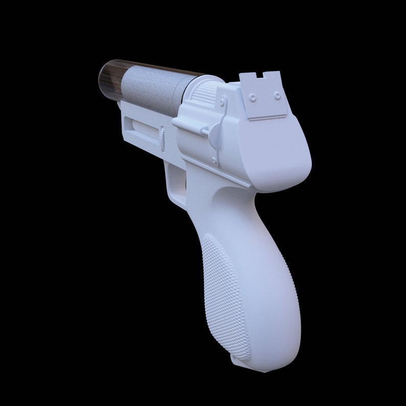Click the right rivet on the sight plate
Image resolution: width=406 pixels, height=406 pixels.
(277, 95)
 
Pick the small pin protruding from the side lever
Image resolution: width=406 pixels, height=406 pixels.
(205, 132)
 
